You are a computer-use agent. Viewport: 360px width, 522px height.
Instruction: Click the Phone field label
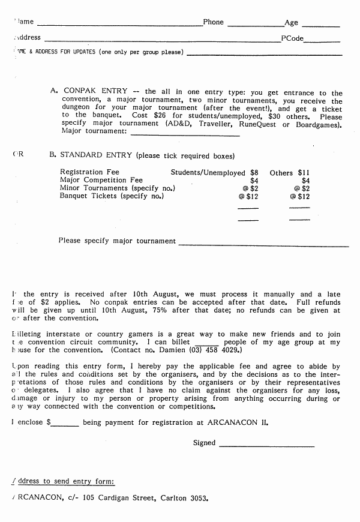click(x=213, y=22)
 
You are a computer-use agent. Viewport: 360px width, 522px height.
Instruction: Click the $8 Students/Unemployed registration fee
click(x=254, y=172)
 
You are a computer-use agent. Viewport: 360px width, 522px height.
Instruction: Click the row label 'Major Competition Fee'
click(x=101, y=180)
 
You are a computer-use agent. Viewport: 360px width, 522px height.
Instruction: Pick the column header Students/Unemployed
click(x=208, y=172)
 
